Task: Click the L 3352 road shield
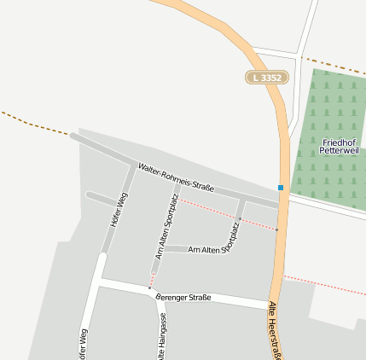[x=267, y=78]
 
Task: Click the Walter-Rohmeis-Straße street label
[x=176, y=177]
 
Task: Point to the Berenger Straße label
[x=183, y=297]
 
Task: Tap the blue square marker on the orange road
[x=281, y=187]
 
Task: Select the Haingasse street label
[x=161, y=337]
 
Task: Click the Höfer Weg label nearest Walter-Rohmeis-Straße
[x=118, y=214]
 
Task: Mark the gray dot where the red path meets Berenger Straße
[x=150, y=288]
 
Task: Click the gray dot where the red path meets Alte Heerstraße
[x=277, y=229]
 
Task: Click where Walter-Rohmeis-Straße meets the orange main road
[x=281, y=206]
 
